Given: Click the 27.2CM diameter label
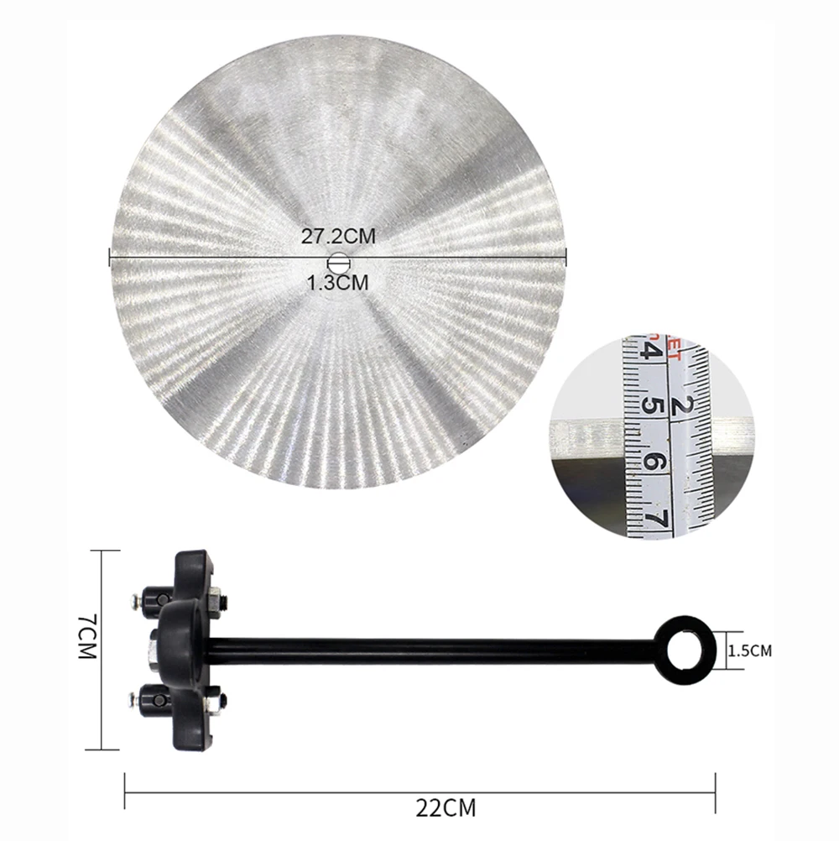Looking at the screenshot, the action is point(338,236).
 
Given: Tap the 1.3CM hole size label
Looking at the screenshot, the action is point(338,282).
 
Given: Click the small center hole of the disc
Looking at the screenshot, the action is point(338,264).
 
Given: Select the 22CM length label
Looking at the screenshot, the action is point(446,807).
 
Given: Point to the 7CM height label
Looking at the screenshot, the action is point(87,636).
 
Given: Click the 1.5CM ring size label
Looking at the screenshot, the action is point(750,650).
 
